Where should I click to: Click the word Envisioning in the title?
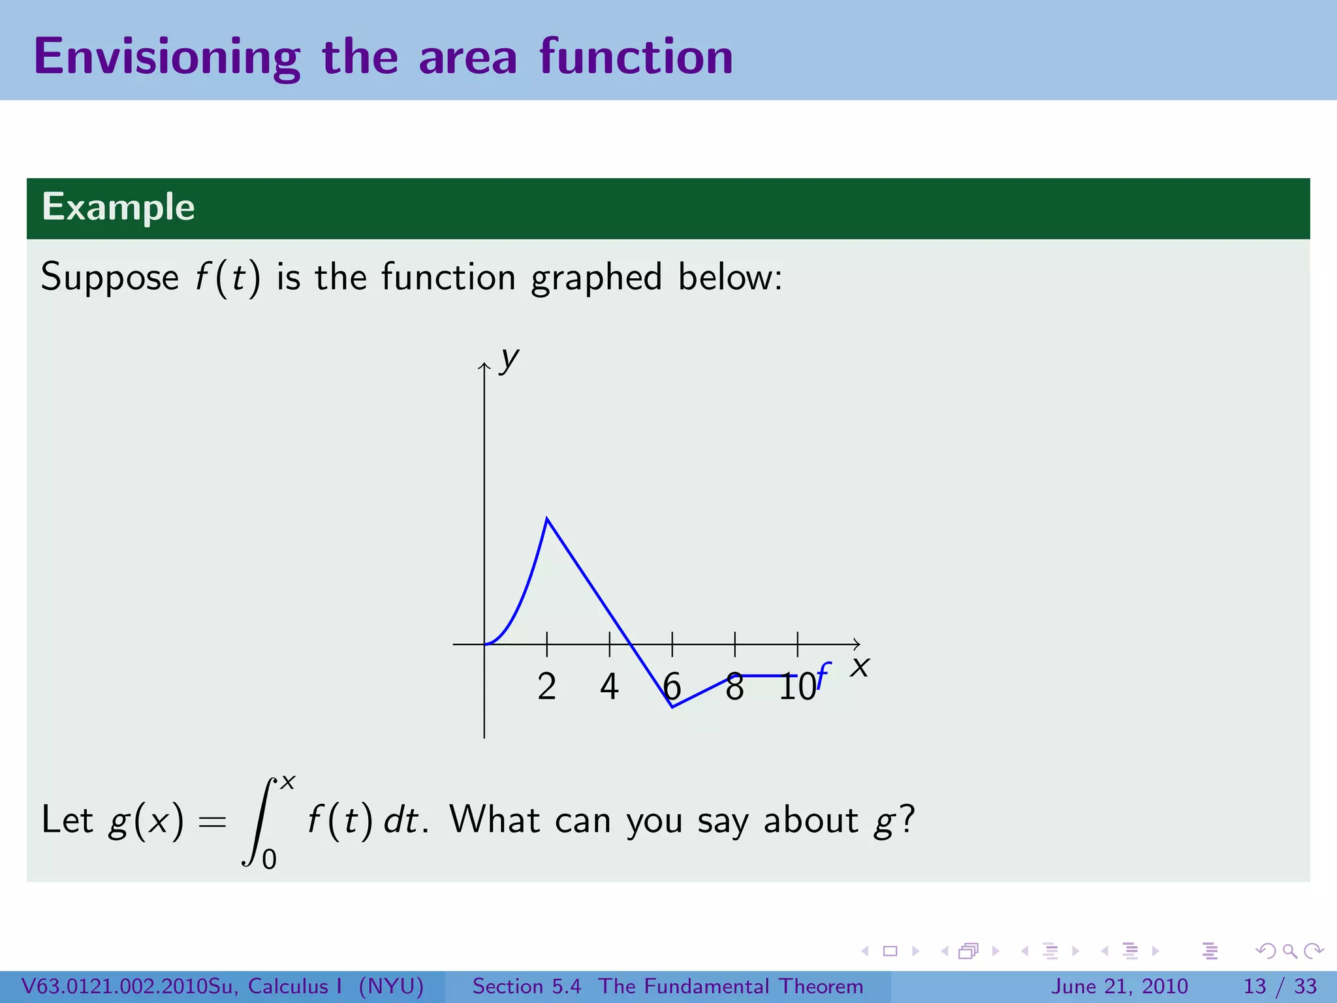point(166,57)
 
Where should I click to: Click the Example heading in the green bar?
point(118,207)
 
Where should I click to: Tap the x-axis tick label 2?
point(547,687)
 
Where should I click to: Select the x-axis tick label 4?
point(609,687)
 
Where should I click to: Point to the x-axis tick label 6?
point(672,687)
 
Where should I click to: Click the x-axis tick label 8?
point(734,687)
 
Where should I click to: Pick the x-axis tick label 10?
point(797,687)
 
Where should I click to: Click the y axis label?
point(509,359)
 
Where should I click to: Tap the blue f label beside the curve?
point(824,675)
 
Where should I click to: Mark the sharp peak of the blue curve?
point(547,518)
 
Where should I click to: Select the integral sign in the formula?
point(259,821)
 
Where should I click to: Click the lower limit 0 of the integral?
point(269,859)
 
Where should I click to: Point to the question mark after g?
point(907,819)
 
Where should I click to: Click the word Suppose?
point(110,277)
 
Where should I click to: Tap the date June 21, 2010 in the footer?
point(1119,986)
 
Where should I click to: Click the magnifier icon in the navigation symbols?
point(1289,951)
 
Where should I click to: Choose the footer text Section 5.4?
point(526,986)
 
